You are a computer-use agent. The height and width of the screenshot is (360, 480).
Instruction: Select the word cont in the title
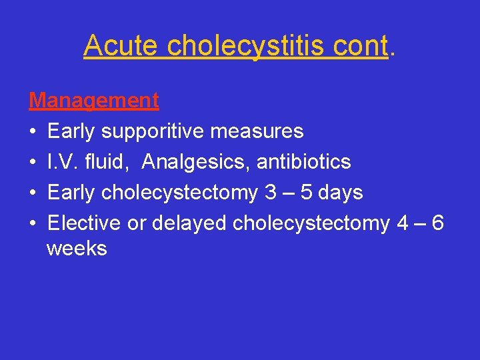(360, 46)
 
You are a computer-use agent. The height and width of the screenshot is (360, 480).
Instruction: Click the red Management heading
(94, 101)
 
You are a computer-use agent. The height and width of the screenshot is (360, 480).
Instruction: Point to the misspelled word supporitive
(153, 131)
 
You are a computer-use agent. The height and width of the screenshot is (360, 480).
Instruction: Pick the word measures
(257, 131)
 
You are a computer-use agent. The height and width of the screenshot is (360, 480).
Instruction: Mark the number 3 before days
(271, 193)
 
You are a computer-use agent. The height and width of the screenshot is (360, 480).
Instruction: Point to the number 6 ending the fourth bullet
(437, 223)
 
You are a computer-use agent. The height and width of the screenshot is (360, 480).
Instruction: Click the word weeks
(77, 249)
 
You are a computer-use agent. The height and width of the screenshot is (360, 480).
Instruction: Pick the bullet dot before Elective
(33, 224)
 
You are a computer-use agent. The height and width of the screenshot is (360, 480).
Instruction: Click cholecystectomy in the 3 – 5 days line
(180, 193)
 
